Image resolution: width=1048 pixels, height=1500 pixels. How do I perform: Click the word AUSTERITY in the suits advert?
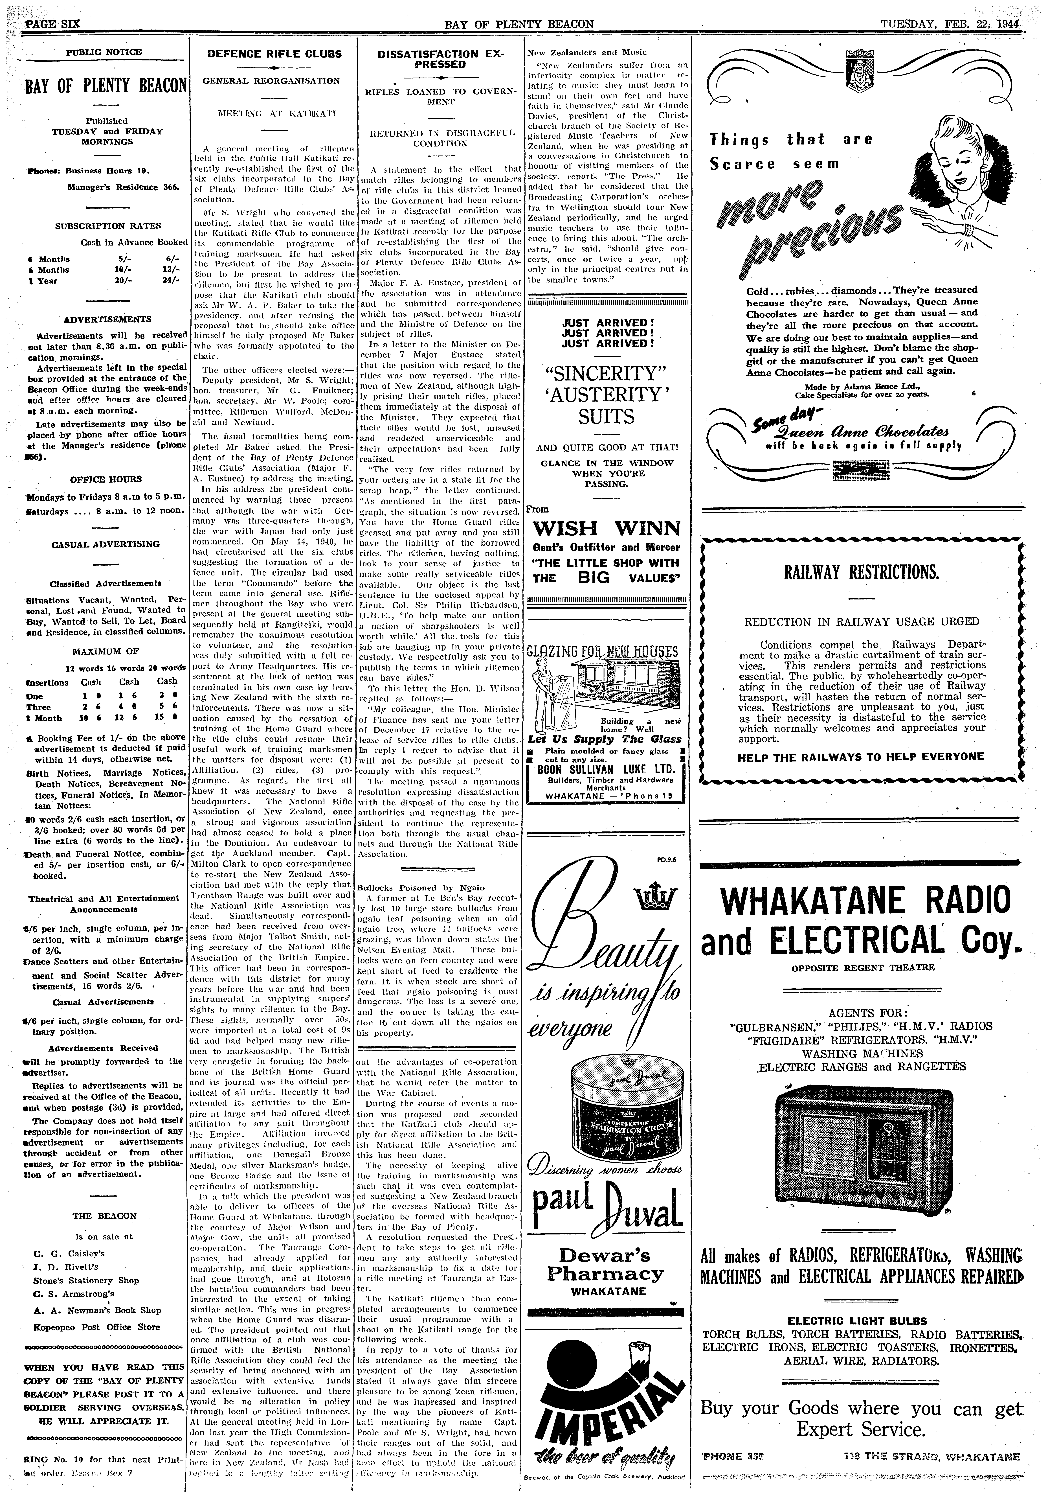pos(607,395)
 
